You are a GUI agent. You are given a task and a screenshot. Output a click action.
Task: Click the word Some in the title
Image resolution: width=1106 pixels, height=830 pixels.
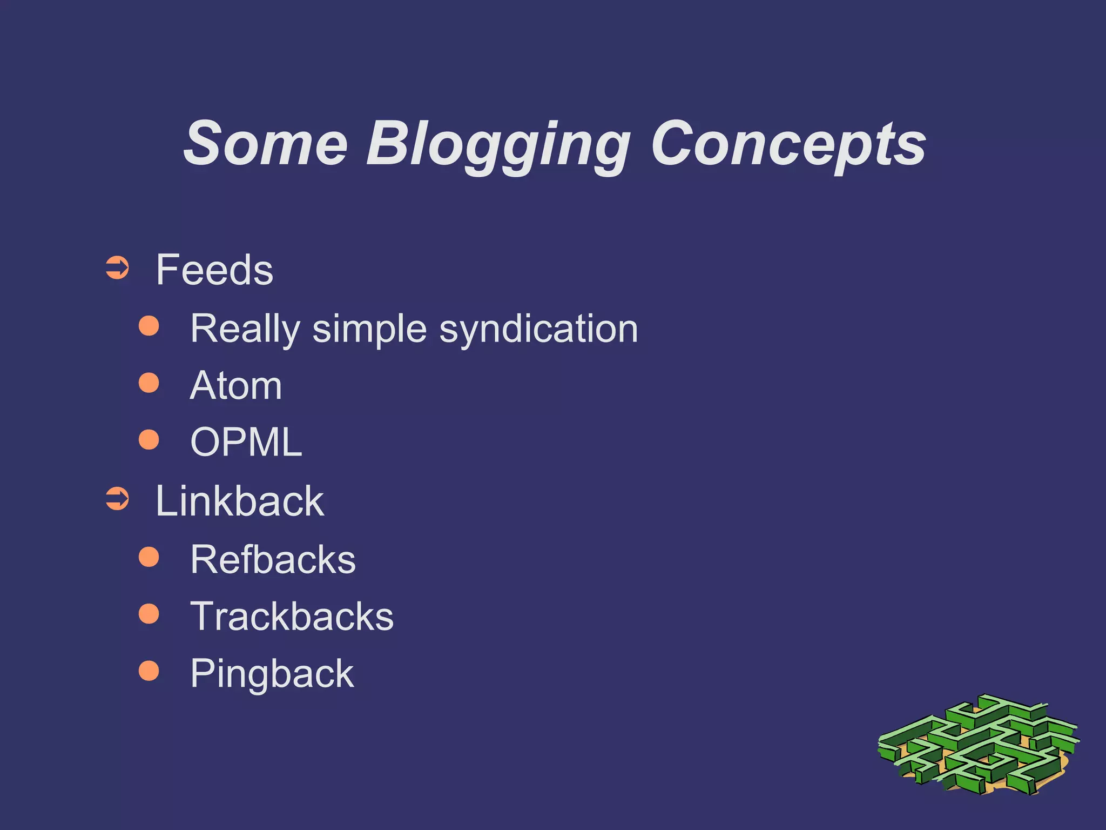coord(265,144)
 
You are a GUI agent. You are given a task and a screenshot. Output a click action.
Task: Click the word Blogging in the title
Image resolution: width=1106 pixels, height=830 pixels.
coord(498,145)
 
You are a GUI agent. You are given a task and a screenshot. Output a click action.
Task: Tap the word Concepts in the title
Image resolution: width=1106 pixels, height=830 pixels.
coord(788,144)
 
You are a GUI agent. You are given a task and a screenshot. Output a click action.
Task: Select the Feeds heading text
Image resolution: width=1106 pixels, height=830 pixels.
coord(214,270)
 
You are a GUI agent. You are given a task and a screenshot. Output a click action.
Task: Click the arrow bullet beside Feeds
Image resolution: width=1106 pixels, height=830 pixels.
coord(117,268)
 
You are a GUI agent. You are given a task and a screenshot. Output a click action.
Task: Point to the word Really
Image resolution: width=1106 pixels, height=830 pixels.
coord(245,329)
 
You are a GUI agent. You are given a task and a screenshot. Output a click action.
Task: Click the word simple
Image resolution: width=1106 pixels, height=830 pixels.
coord(369,329)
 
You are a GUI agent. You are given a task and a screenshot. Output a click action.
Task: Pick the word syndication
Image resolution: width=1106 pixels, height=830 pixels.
coord(538,329)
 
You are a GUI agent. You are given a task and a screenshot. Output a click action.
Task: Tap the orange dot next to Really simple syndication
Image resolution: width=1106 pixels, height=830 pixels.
coord(149,326)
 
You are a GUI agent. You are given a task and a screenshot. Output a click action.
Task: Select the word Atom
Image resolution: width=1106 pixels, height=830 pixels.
coord(235,386)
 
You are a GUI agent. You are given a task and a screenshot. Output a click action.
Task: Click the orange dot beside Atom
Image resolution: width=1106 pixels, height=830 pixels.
coord(149,383)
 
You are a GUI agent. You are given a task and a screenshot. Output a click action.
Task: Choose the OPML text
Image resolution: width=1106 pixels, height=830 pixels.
coord(246,443)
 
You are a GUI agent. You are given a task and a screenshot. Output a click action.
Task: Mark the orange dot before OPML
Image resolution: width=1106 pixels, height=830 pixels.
coord(149,439)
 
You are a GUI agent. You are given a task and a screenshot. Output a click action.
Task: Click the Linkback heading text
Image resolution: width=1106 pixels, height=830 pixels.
coord(240,501)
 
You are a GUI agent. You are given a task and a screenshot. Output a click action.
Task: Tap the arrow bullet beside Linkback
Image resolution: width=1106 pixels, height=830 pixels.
coord(117,499)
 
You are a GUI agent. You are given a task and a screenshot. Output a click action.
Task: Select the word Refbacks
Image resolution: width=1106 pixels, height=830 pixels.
coord(273,559)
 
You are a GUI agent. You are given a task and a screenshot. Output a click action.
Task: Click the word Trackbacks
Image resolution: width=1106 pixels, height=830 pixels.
coord(292,617)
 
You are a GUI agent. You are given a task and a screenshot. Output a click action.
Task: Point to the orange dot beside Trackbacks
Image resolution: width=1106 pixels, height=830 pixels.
coord(149,614)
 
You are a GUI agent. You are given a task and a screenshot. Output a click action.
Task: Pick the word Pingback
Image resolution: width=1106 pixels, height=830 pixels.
coord(272,674)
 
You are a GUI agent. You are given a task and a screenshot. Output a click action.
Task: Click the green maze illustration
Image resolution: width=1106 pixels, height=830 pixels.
coord(977,746)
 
